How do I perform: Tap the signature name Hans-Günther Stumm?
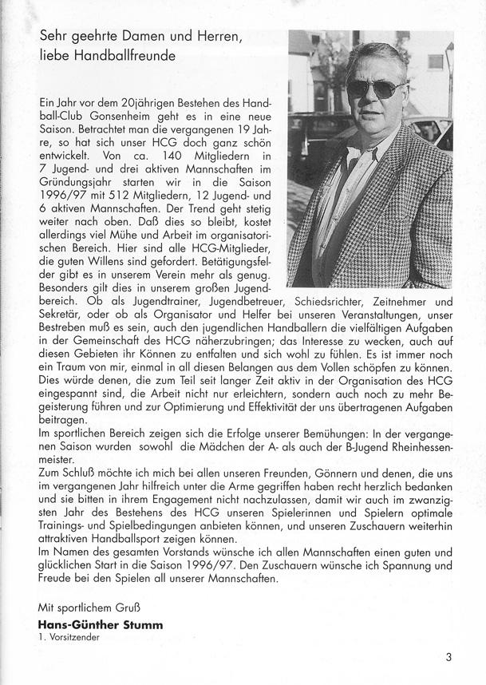pos(101,625)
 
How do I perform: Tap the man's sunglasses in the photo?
pos(374,87)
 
